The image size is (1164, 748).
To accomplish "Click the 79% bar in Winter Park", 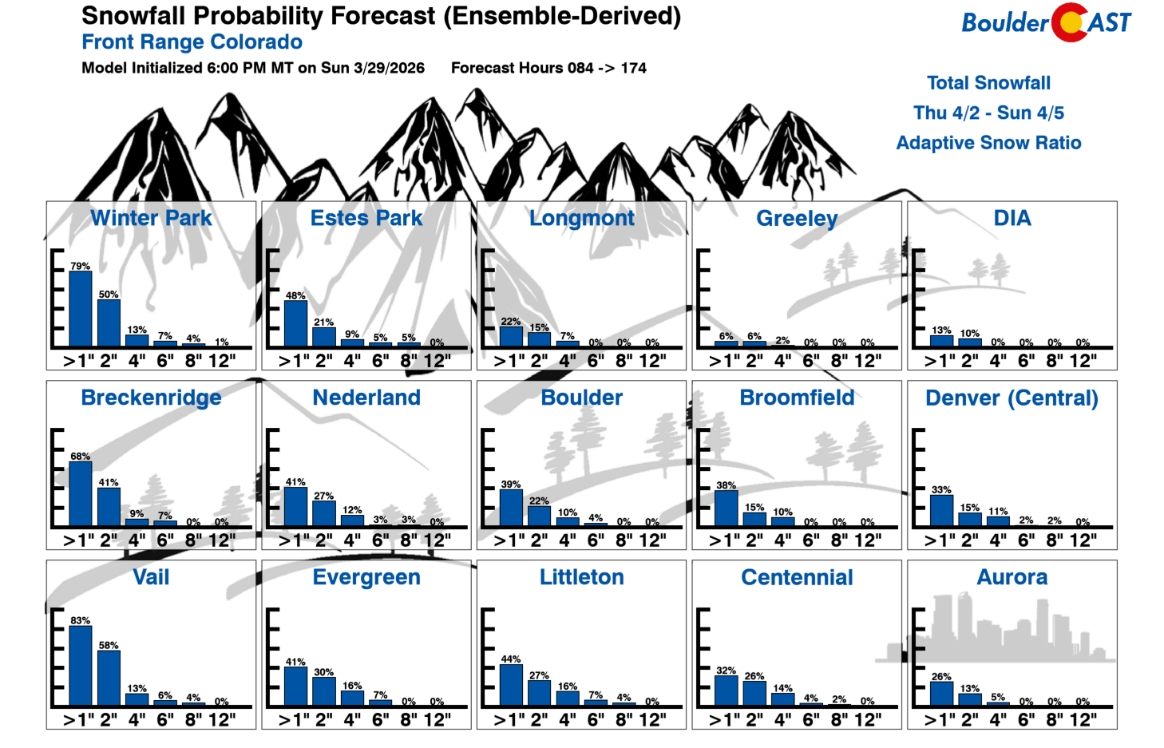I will tap(80, 309).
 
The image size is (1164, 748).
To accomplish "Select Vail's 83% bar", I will tap(80, 666).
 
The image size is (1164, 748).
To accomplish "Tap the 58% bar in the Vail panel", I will tap(109, 678).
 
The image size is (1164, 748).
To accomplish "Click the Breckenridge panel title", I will tap(151, 398).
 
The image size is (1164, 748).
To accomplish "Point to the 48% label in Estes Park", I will tap(295, 295).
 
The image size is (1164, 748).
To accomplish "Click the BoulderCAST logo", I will tap(1046, 22).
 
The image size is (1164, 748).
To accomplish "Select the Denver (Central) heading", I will tap(1012, 398).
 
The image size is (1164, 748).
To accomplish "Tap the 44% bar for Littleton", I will tap(511, 685).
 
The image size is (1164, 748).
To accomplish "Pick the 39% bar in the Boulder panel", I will tap(511, 508).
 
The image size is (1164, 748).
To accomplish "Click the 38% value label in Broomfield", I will tap(726, 485).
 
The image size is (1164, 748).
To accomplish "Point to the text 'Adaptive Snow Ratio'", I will tap(988, 143).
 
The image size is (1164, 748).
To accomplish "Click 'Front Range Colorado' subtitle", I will tap(192, 42).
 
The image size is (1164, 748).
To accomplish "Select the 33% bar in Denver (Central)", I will tap(941, 511).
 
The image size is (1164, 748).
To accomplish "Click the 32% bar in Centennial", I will tap(726, 691).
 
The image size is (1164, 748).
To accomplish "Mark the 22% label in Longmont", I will tap(511, 322).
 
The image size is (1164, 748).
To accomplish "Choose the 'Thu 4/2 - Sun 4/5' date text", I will tap(988, 113).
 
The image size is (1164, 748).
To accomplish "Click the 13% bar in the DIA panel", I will tap(941, 341).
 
